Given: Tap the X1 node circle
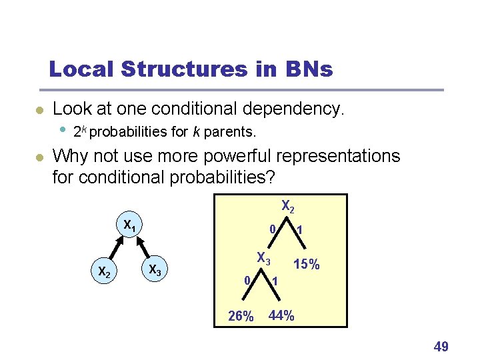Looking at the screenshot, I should tap(129, 226).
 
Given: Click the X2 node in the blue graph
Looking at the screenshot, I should tap(103, 271).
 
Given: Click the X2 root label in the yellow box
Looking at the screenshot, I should tap(288, 207).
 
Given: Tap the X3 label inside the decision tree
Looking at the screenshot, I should tap(264, 257).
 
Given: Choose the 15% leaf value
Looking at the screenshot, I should tap(307, 265).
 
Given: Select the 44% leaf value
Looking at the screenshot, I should tap(281, 315).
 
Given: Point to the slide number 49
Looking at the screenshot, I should tap(441, 346).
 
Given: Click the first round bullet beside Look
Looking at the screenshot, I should tap(39, 110).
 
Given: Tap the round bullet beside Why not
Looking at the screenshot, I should tap(39, 158).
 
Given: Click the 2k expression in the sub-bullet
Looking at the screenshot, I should tap(79, 131).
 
